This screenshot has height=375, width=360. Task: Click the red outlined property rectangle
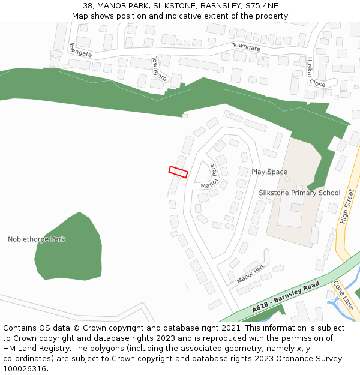[178, 172]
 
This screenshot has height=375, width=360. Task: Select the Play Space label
[269, 172]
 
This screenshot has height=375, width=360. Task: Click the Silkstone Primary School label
[299, 193]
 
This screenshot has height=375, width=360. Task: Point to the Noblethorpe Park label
[37, 239]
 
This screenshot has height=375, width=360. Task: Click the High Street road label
[347, 207]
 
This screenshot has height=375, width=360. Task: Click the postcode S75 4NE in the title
[262, 6]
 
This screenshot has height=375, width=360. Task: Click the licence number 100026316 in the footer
[26, 368]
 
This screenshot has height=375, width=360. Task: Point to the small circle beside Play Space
[287, 179]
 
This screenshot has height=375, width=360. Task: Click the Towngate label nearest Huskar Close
[247, 47]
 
